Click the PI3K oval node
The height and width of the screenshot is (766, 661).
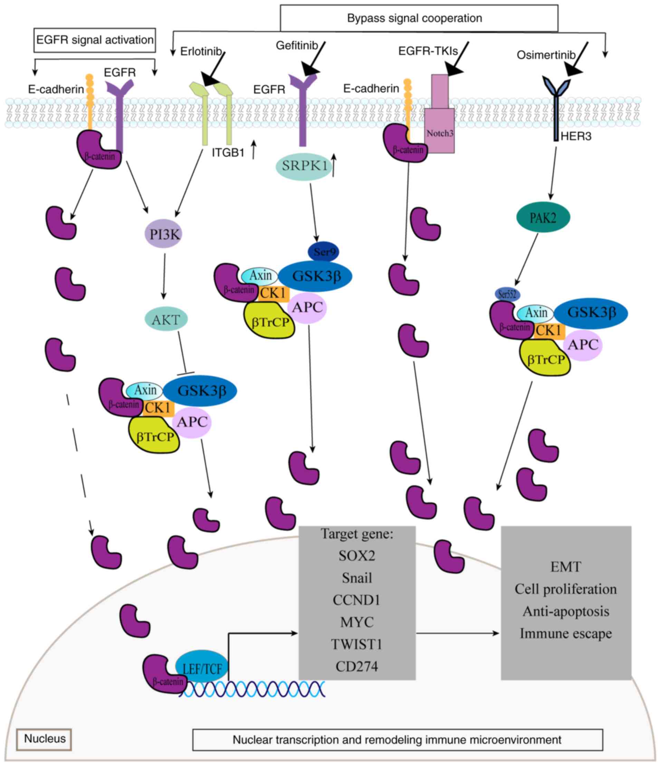coord(164,234)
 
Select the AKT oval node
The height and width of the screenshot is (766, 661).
coord(166,319)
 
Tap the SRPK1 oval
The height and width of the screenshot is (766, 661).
coord(304,166)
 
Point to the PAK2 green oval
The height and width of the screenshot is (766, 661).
coord(543,218)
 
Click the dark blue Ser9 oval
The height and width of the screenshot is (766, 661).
coord(324,252)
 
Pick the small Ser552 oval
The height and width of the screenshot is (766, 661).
coord(508,295)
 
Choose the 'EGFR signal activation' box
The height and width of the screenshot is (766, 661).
coord(95,40)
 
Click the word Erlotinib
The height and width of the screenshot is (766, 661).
coord(201,51)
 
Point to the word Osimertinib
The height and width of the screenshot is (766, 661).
coord(546,55)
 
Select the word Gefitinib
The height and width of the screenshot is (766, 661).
coord(297,46)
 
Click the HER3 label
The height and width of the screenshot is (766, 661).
coord(576,136)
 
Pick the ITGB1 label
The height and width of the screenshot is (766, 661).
coord(228,153)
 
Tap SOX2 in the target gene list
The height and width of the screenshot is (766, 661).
coord(357,556)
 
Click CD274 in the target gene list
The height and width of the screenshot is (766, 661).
coord(357,667)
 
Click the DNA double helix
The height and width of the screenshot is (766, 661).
coord(251,688)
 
